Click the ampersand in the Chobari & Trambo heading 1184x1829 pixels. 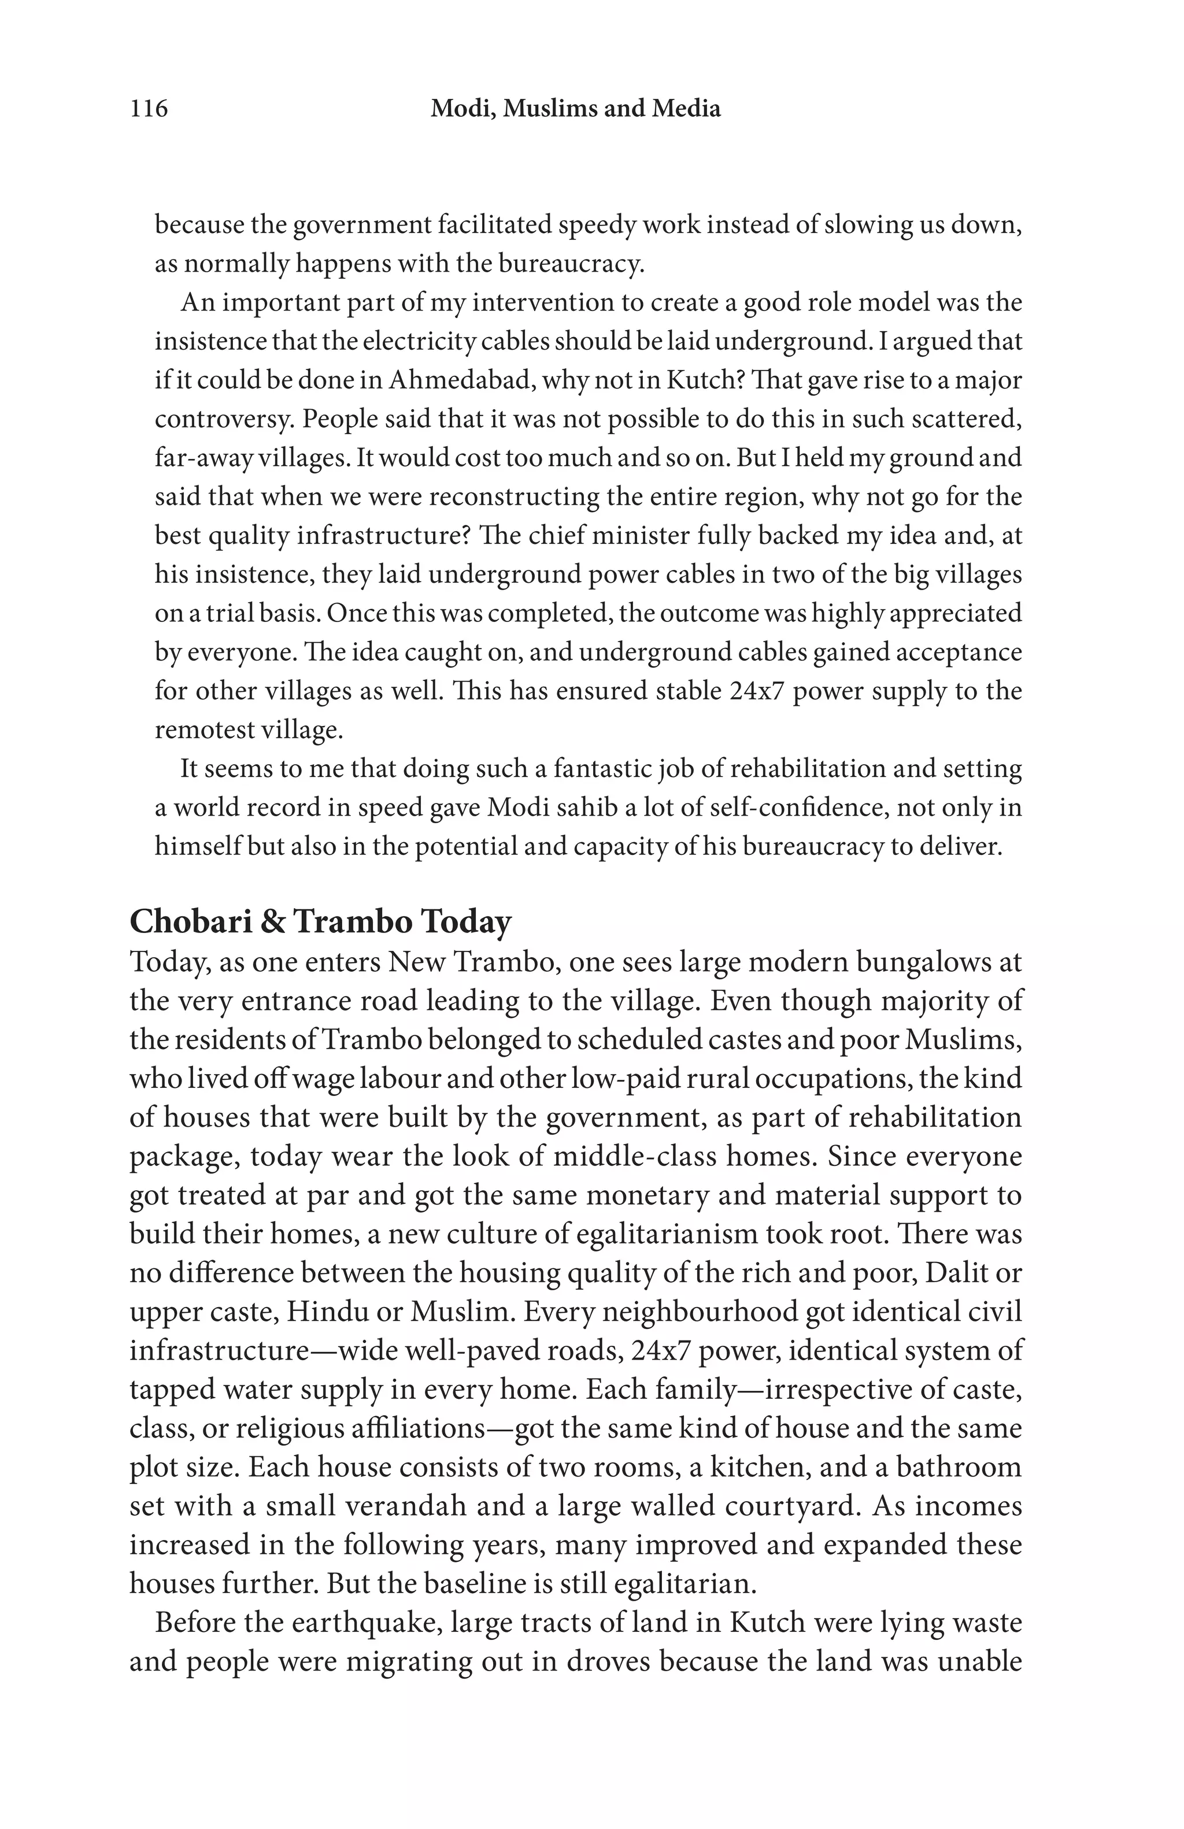[x=272, y=921]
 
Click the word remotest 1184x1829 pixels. [x=203, y=730]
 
